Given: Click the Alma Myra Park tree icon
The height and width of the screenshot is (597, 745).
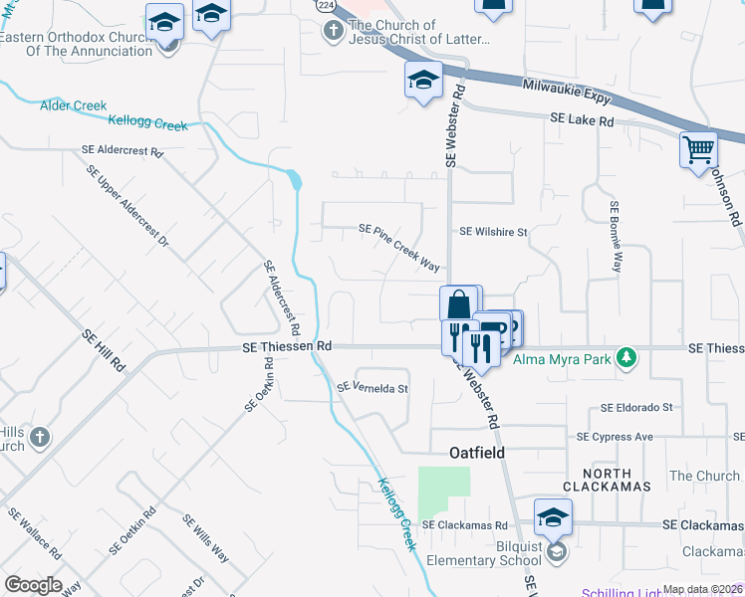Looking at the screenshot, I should click(625, 356).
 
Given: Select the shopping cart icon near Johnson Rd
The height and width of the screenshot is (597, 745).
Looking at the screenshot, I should click(698, 150).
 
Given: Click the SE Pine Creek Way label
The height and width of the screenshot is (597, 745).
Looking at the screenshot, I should click(399, 248).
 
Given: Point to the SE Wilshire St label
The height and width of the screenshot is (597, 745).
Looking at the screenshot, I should click(492, 232).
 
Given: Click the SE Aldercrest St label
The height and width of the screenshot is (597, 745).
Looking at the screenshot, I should click(123, 151).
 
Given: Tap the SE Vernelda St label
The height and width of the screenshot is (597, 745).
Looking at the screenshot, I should click(373, 387).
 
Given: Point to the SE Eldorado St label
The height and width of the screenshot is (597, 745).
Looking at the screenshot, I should click(636, 408).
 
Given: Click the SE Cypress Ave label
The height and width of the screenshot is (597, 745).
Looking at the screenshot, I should click(615, 437).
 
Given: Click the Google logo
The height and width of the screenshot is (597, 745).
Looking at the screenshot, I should click(33, 585).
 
